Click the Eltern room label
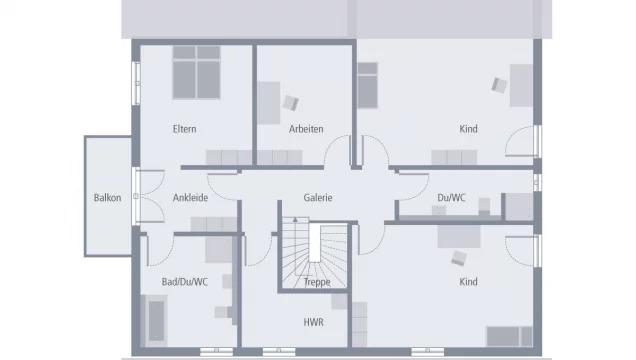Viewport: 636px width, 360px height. click(x=184, y=129)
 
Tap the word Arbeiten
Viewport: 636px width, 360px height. click(x=306, y=129)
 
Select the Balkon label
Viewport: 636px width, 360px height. click(x=108, y=197)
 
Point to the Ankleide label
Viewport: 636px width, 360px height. click(x=190, y=197)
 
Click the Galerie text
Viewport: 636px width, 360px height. click(x=318, y=197)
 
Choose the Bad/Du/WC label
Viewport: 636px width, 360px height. click(x=185, y=282)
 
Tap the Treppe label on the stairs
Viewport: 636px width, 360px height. click(x=317, y=282)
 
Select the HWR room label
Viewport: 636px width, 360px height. click(x=313, y=323)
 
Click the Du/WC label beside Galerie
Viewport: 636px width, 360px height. click(x=451, y=197)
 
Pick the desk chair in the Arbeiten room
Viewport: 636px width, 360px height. click(x=292, y=102)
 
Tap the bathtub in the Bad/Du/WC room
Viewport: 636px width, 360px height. click(x=157, y=319)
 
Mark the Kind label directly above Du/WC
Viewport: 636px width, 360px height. click(x=468, y=129)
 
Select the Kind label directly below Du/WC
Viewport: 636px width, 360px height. click(x=468, y=282)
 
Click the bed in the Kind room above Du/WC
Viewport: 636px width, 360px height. click(x=368, y=85)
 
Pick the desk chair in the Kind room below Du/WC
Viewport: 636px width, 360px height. click(x=458, y=257)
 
